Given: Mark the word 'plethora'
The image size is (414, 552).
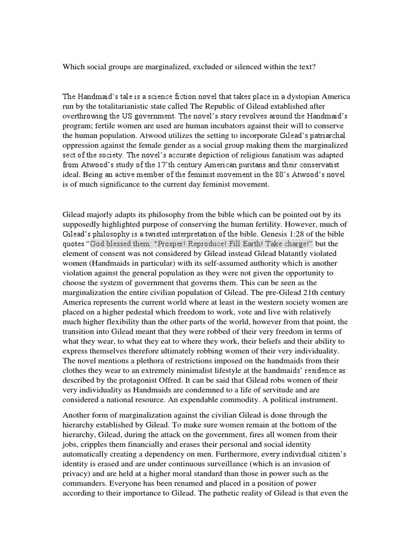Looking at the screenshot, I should point(141,360).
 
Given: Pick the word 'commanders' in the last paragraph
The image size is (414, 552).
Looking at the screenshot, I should point(84,483).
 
